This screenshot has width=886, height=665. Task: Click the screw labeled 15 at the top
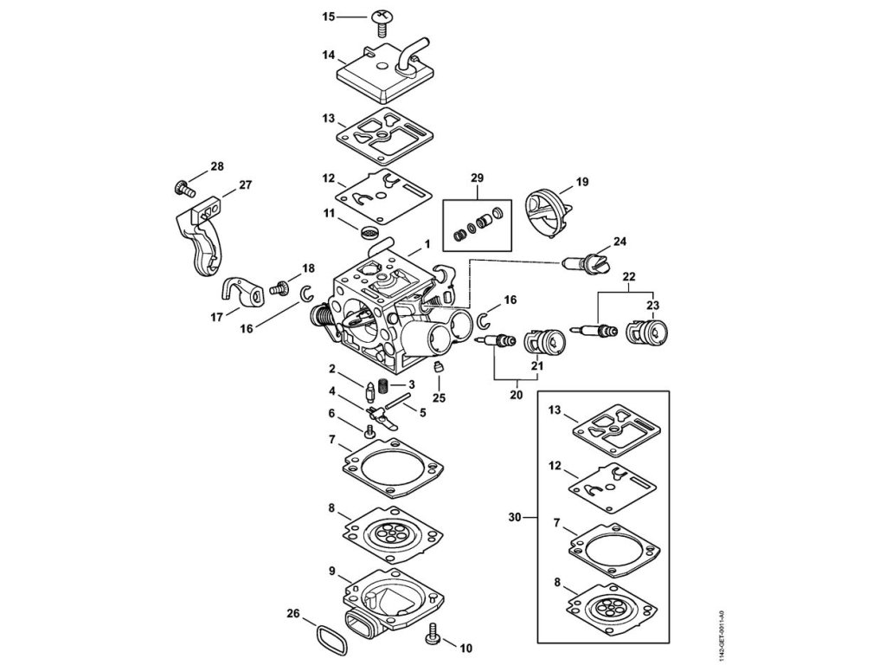pos(381,18)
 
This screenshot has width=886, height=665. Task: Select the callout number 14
pos(328,55)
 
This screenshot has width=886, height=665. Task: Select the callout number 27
pos(245,184)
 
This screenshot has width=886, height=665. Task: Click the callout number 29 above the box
pos(477,178)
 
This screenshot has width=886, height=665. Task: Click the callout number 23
pos(651,304)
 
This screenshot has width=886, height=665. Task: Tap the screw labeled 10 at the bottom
pos(434,640)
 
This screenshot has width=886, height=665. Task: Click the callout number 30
pos(517,518)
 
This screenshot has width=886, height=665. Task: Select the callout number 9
pos(331,571)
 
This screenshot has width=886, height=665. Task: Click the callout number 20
pos(517,395)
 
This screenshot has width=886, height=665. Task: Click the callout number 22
pos(629,276)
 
